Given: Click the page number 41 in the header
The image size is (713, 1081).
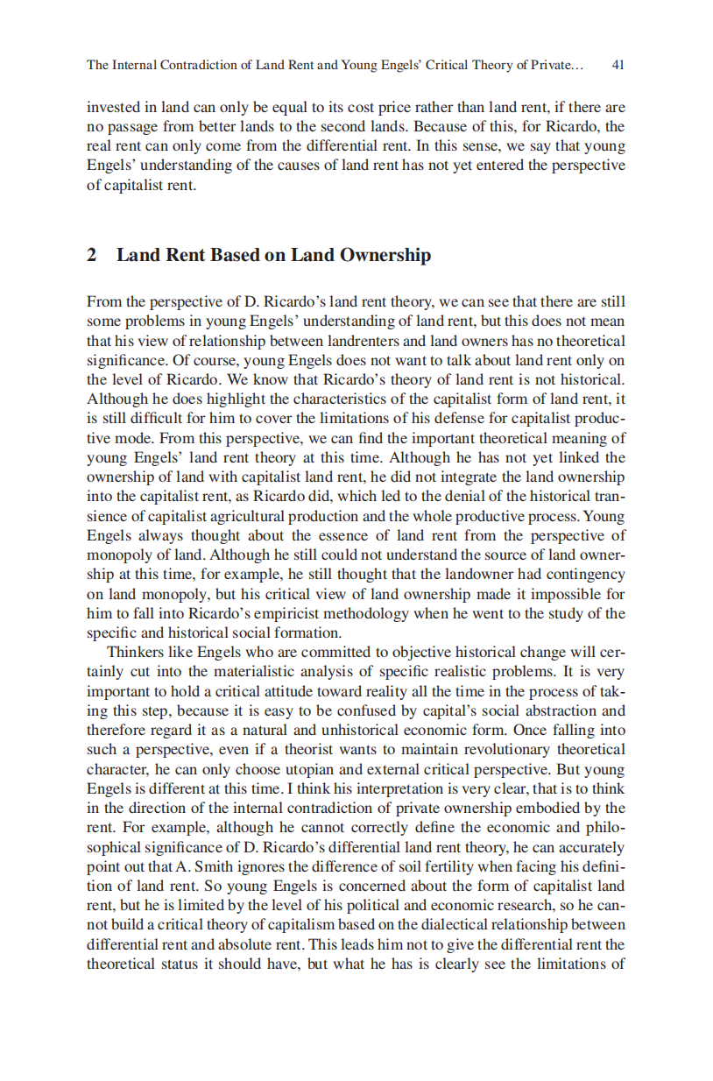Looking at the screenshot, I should pos(618,65).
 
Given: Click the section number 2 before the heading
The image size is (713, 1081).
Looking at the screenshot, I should pos(91,255).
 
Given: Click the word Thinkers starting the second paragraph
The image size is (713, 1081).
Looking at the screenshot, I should pos(134,654).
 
